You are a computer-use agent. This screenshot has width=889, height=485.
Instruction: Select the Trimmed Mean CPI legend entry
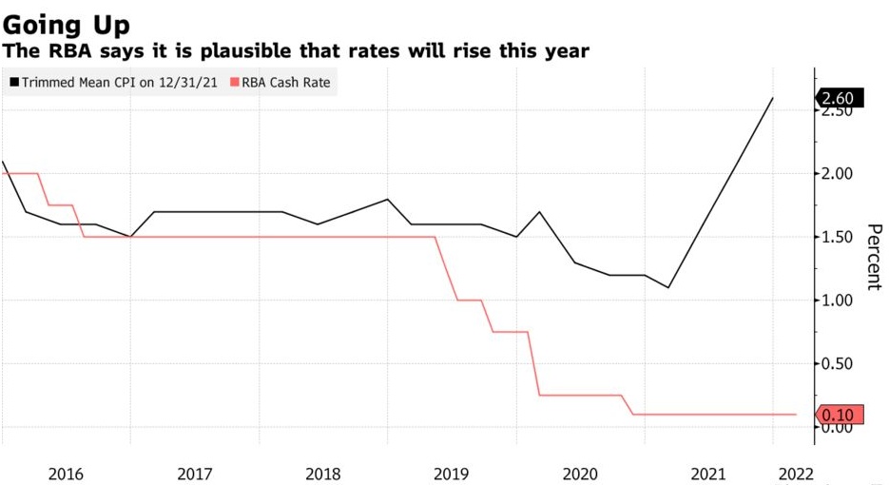113,83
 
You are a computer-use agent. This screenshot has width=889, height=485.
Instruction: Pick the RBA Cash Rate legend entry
286,83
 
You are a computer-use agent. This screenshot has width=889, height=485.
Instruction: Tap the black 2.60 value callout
840,98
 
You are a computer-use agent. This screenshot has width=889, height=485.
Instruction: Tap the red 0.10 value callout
840,415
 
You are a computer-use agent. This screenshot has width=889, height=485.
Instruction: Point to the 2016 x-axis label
66,473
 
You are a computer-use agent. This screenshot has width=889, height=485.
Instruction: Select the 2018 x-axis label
322,473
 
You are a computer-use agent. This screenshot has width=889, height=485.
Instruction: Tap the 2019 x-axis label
452,473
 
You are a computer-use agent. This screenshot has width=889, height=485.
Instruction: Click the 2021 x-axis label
709,473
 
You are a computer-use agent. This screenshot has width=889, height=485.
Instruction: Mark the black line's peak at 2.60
772,98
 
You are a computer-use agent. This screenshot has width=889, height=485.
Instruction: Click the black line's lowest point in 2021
668,287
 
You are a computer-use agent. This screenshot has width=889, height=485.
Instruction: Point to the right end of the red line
795,415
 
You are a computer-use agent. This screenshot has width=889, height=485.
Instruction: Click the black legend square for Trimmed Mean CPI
13,83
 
